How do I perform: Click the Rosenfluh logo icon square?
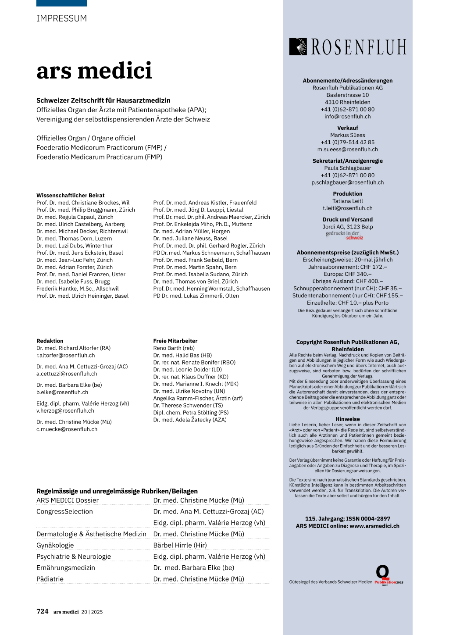tap(298, 46)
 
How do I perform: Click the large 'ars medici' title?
tap(94, 71)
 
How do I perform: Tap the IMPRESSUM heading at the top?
tap(61, 18)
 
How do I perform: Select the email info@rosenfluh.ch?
tap(347, 117)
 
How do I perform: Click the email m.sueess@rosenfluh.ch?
tap(347, 150)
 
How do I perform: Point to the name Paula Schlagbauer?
tap(347, 168)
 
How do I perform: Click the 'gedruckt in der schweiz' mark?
tap(345, 235)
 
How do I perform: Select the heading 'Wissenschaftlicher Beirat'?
tap(71, 196)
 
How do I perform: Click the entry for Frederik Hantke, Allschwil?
tap(78, 289)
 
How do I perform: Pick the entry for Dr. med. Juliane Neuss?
tap(190, 239)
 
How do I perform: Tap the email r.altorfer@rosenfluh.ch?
tap(65, 355)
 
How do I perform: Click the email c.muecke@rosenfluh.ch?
tap(67, 429)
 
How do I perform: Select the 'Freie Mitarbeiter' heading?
tap(175, 341)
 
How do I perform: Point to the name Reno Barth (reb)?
tap(174, 348)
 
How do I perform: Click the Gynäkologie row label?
tap(55, 545)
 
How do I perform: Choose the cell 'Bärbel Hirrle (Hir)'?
tap(180, 545)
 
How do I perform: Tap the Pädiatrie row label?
tap(50, 579)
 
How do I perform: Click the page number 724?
tap(43, 611)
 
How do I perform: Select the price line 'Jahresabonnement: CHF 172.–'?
tap(347, 267)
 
